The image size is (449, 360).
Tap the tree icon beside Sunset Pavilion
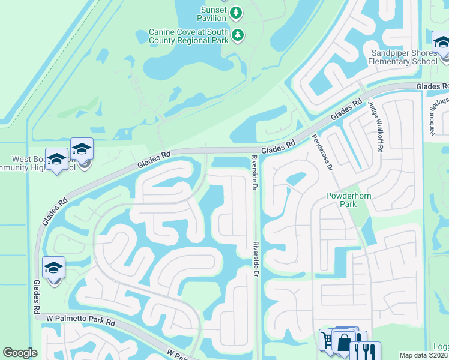pyautogui.click(x=236, y=12)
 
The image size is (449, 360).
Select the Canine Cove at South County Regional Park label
pyautogui.click(x=189, y=35)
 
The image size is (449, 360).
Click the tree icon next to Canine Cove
pyautogui.click(x=238, y=35)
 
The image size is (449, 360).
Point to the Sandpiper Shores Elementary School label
pyautogui.click(x=403, y=57)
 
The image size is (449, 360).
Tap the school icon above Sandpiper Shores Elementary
pyautogui.click(x=441, y=43)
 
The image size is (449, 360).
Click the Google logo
pyautogui.click(x=20, y=353)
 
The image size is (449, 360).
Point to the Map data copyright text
pyautogui.click(x=423, y=355)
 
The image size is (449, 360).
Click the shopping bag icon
pyautogui.click(x=344, y=343)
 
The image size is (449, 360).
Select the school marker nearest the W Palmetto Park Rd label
pyautogui.click(x=53, y=268)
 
